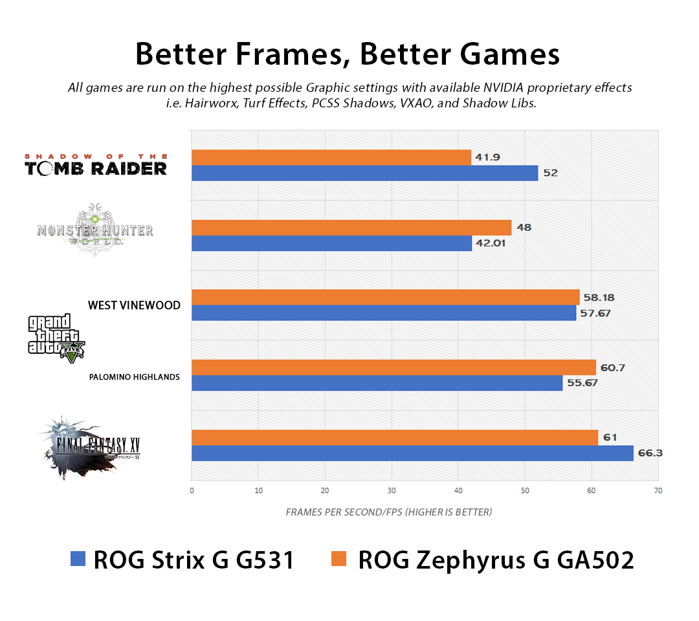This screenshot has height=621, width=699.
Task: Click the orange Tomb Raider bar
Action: click(x=331, y=157)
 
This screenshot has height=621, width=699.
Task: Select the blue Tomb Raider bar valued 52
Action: click(x=364, y=173)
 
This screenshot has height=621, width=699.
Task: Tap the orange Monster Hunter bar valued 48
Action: click(x=351, y=228)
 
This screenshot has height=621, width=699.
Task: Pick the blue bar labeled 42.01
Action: click(x=331, y=243)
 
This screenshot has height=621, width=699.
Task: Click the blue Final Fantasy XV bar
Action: click(x=412, y=453)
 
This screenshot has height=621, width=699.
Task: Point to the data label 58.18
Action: click(x=599, y=298)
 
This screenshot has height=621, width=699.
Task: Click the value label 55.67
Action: click(x=581, y=383)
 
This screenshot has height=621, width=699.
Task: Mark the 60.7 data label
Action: click(x=614, y=367)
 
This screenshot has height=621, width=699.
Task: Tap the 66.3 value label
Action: click(x=650, y=453)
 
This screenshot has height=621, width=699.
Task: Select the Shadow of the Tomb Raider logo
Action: click(x=96, y=165)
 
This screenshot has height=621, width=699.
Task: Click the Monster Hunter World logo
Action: click(x=95, y=231)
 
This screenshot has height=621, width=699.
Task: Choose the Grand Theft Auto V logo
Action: click(x=56, y=337)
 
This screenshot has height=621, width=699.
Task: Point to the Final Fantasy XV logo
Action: click(x=90, y=447)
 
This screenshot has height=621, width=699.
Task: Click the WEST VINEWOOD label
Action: click(x=134, y=305)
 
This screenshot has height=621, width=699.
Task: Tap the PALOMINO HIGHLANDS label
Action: click(x=134, y=376)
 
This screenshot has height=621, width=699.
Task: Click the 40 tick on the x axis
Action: click(x=458, y=490)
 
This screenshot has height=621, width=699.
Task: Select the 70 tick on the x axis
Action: click(x=658, y=490)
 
